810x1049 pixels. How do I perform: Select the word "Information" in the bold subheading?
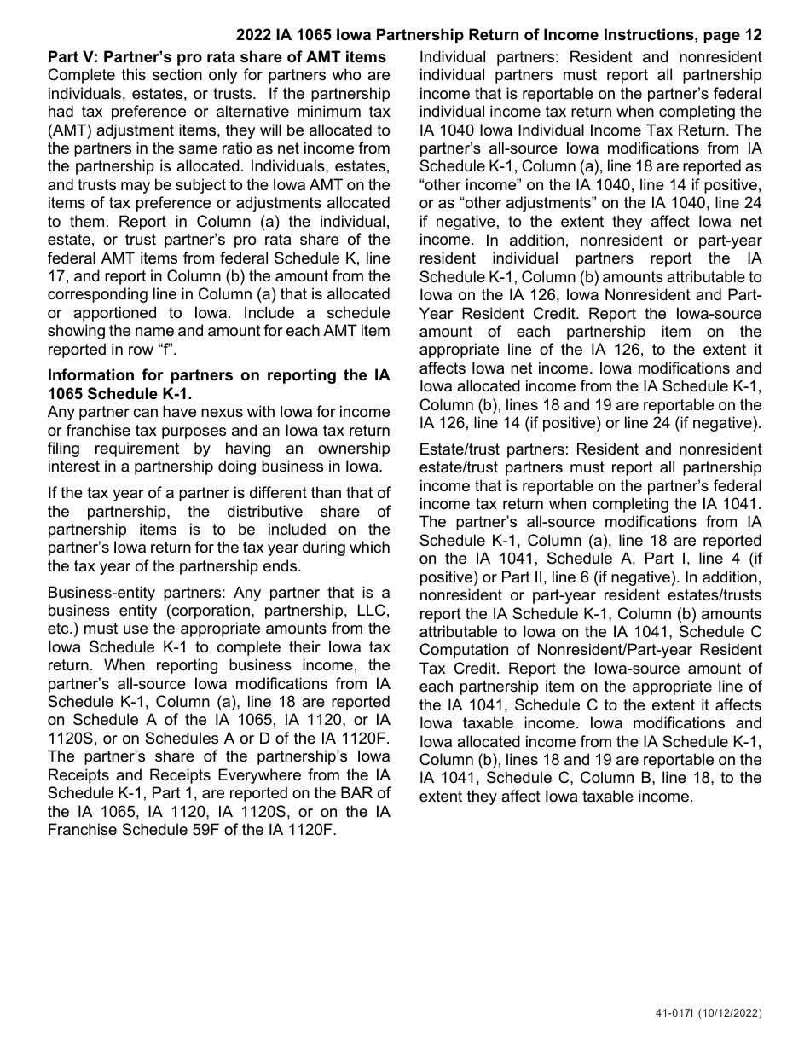point(90,374)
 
